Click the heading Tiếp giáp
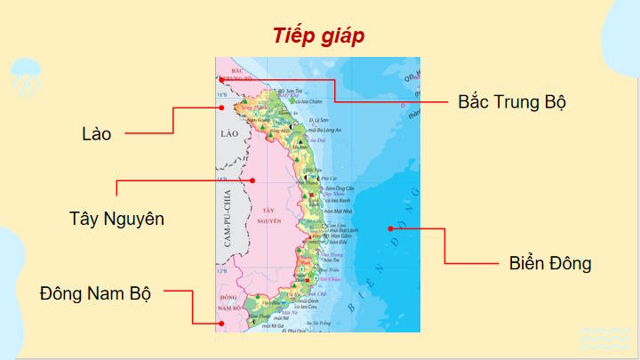point(319,36)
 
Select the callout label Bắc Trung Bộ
point(512,101)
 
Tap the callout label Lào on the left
point(96,134)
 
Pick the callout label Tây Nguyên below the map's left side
point(116,218)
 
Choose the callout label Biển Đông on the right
point(550,263)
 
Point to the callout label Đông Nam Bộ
point(95,292)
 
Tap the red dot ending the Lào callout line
point(220,107)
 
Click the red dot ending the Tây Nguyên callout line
point(254,180)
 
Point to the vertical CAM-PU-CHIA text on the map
point(228,219)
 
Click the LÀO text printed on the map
point(230,133)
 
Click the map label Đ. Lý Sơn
point(318,119)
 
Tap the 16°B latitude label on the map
point(221,93)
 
